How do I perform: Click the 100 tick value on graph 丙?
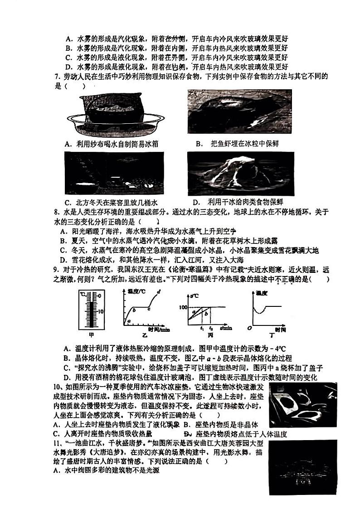pos(182,307)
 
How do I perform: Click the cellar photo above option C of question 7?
pos(114,173)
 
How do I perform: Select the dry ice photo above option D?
pos(239,173)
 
